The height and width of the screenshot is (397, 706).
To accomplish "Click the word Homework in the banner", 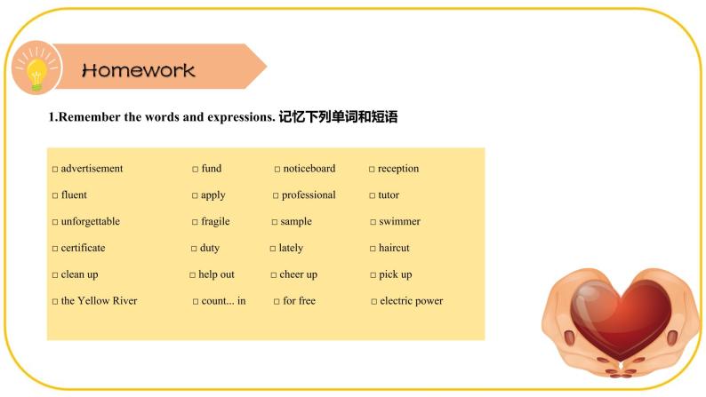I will [138, 70].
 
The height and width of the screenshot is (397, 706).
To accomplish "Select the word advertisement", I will [92, 169].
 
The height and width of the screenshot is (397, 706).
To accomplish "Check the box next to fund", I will [195, 169].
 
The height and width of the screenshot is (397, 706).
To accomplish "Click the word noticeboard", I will [309, 169].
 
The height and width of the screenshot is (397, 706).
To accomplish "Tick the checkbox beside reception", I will [372, 169].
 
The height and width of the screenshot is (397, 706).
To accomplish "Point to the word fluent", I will [74, 195].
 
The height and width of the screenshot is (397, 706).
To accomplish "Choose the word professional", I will [309, 195].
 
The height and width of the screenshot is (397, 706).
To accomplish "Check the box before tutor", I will [372, 195].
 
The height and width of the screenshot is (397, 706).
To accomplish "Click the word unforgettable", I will [90, 221].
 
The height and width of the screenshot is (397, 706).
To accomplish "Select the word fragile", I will [215, 221].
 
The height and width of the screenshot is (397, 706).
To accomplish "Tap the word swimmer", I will [399, 221].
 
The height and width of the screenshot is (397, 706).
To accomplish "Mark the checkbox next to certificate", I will [55, 249].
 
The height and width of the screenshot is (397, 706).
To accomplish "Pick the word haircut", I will [394, 248].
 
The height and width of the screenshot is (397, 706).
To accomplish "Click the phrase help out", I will [216, 274].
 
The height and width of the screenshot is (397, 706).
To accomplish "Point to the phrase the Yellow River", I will [99, 301].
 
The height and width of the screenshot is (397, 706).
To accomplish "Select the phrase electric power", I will [411, 301].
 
